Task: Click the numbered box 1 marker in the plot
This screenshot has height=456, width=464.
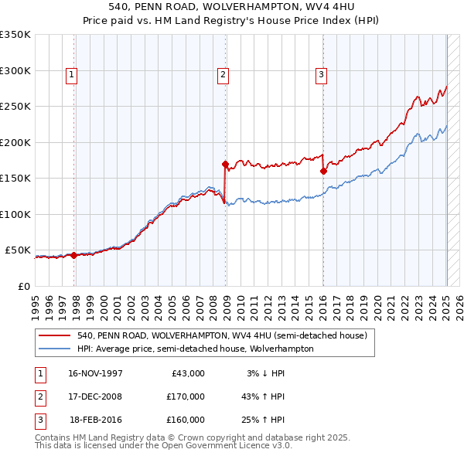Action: click(71, 75)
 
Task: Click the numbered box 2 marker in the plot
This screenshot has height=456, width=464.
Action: click(222, 75)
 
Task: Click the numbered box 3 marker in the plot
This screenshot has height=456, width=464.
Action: click(320, 75)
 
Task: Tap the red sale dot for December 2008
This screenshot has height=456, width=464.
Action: click(225, 164)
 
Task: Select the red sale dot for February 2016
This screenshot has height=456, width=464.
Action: click(323, 172)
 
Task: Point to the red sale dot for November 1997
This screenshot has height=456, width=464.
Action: click(74, 255)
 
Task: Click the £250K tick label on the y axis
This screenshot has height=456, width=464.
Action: click(15, 107)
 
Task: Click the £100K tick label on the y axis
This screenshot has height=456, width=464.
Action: click(15, 215)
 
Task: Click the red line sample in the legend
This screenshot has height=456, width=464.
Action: click(56, 335)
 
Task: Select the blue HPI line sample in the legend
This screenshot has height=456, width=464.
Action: click(56, 349)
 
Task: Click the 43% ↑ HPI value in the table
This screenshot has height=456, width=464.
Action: click(263, 396)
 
